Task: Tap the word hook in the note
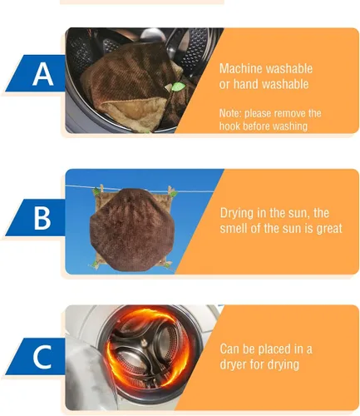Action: [233, 126]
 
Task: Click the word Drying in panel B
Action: [238, 212]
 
